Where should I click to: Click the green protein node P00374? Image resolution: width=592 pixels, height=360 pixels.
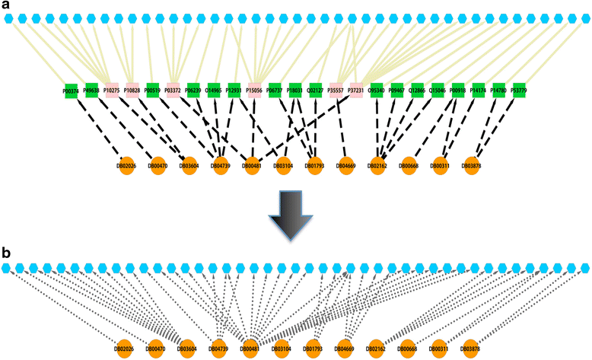pyautogui.click(x=71, y=91)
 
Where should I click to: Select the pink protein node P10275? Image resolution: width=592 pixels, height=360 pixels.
pyautogui.click(x=112, y=91)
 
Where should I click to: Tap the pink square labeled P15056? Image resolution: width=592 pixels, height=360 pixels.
pyautogui.click(x=253, y=91)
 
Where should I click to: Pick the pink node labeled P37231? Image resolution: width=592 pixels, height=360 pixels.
pyautogui.click(x=355, y=91)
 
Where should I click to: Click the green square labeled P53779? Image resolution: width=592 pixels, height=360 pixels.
pyautogui.click(x=519, y=91)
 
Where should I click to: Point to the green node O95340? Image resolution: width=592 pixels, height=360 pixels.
pyautogui.click(x=376, y=91)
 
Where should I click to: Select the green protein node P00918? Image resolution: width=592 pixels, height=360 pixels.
pyautogui.click(x=457, y=91)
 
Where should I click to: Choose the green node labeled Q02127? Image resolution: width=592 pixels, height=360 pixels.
pyautogui.click(x=315, y=91)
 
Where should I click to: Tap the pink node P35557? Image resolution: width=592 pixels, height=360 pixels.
pyautogui.click(x=336, y=91)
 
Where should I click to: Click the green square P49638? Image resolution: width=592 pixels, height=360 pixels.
pyautogui.click(x=91, y=91)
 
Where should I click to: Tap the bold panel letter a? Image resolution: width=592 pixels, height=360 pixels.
pyautogui.click(x=6, y=7)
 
